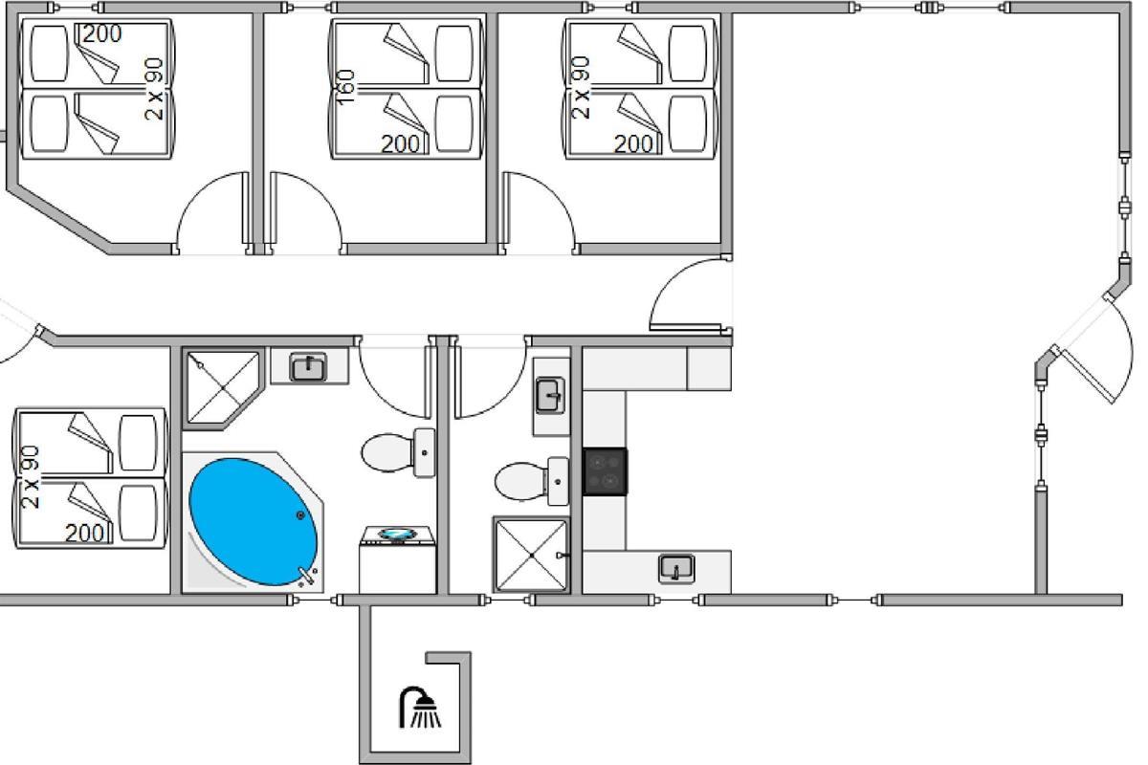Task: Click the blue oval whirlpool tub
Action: [x=254, y=521]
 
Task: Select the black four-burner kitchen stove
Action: [x=605, y=472]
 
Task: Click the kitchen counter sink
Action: [x=676, y=569]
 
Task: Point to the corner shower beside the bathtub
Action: [x=223, y=388]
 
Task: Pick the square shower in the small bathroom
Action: [x=532, y=555]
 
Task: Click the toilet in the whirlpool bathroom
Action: [x=398, y=453]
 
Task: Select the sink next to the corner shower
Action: [x=308, y=367]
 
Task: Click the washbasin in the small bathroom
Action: [x=550, y=396]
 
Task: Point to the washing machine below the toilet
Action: [x=398, y=559]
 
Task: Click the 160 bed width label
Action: [x=345, y=87]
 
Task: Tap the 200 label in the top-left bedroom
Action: [x=102, y=34]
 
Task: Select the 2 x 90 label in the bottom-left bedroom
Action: [x=31, y=477]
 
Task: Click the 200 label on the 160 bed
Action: [x=400, y=144]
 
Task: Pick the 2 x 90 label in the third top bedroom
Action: [x=580, y=88]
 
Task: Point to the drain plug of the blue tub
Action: [x=300, y=515]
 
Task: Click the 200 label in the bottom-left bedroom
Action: [x=84, y=534]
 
